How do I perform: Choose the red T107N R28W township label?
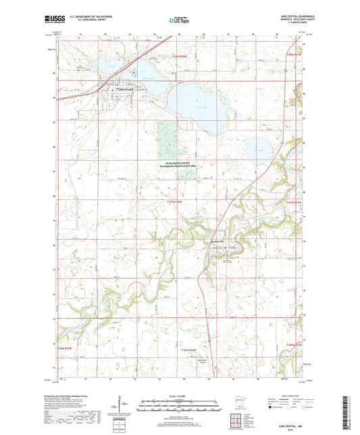point(175,201)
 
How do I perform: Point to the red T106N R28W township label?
point(191,349)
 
